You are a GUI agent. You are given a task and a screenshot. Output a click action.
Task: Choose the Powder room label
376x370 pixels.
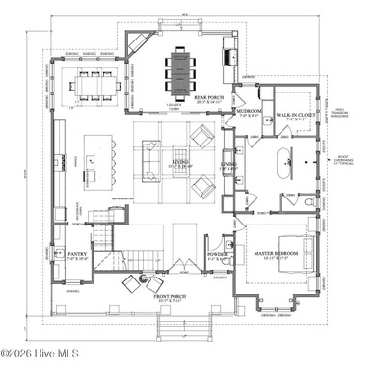[217, 255]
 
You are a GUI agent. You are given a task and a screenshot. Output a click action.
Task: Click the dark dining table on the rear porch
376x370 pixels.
[181, 66]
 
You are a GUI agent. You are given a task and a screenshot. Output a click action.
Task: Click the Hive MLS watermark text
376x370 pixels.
[32, 362]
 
